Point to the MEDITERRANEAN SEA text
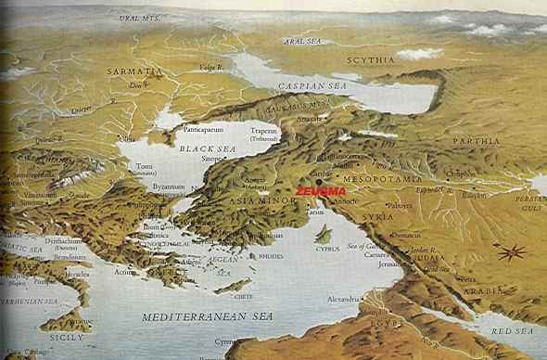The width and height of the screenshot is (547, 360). (199, 316)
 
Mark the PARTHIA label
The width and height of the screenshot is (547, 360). (476, 140)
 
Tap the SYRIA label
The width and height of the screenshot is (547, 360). (377, 216)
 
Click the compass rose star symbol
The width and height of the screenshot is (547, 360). (510, 251)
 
